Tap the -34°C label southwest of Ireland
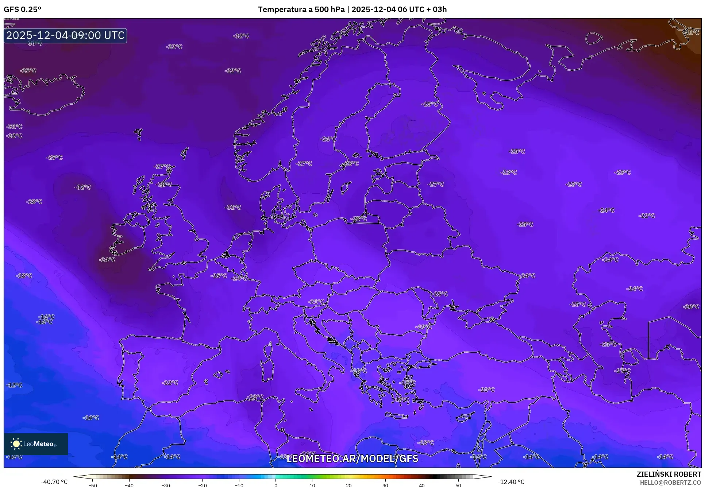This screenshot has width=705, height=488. point(107,260)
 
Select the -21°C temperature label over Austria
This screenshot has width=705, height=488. point(316,302)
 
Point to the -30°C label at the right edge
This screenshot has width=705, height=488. point(691,307)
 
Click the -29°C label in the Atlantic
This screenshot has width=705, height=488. point(54,158)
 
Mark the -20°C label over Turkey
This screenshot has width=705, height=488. point(486,390)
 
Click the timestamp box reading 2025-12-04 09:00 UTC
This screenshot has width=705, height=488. point(65,35)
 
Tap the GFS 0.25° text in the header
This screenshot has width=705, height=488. point(22,9)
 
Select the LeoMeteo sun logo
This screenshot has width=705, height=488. point(16,444)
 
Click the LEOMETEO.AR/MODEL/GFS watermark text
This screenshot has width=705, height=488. point(352,458)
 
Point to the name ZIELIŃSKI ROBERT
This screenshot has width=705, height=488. point(669,474)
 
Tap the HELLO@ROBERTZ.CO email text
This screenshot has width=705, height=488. point(670,483)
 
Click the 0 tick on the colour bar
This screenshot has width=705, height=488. point(276,485)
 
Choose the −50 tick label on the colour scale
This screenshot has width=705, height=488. point(93,485)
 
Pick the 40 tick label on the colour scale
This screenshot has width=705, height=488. point(421,485)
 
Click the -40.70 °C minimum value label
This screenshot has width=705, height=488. point(54,482)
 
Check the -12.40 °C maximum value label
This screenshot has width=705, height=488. point(511,482)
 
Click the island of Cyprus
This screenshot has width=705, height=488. point(466,417)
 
